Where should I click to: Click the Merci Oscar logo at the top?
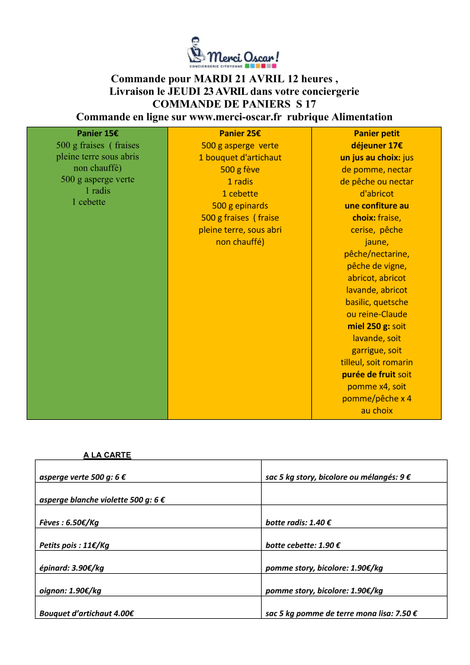[233, 53]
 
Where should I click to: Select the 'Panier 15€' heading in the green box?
[98, 133]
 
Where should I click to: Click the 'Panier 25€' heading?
[240, 134]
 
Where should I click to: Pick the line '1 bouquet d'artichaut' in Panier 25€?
[240, 158]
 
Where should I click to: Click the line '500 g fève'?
[240, 169]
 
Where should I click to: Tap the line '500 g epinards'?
[240, 205]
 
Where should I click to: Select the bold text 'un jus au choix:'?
[371, 158]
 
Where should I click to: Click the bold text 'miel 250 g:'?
[369, 326]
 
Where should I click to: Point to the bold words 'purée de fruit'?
[368, 374]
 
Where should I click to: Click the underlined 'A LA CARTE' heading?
[107, 455]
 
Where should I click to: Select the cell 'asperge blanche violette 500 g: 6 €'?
[102, 500]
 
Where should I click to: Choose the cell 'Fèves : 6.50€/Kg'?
[73, 523]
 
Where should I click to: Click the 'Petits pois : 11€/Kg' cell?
[74, 545]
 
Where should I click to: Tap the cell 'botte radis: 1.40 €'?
[298, 523]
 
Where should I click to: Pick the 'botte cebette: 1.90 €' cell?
[302, 545]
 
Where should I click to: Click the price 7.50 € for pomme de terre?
[405, 613]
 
